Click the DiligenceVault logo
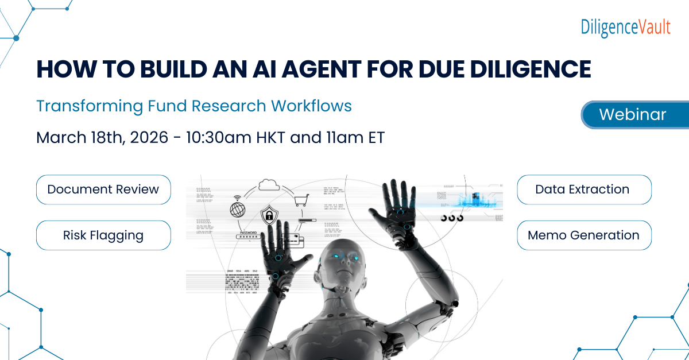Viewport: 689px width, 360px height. [625, 27]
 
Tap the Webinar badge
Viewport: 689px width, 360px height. [632, 114]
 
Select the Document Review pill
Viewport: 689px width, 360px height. [103, 189]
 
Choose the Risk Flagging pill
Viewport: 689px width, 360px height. [103, 235]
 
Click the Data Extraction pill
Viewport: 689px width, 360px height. [584, 189]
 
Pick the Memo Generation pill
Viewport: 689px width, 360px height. [584, 235]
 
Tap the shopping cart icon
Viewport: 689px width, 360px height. [301, 200]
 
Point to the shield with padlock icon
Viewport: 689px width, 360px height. [268, 216]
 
